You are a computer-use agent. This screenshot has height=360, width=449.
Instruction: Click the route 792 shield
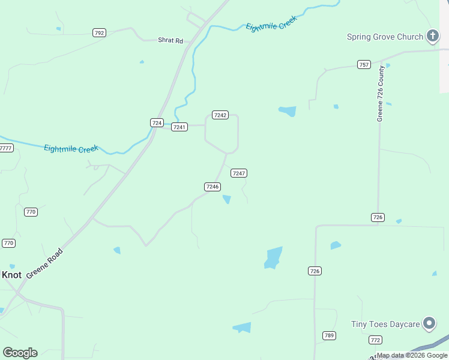[100, 33]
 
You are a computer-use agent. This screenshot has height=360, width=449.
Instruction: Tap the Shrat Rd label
[170, 40]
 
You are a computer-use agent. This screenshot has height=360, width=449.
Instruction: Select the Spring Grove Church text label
[385, 37]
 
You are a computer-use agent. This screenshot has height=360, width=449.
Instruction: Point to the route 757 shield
[364, 65]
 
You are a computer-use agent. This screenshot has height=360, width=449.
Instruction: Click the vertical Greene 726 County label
[380, 94]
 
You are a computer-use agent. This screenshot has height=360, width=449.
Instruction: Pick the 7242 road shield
[220, 115]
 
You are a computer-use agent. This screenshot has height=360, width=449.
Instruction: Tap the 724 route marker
[157, 122]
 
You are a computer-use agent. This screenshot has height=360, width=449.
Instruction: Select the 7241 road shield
[179, 127]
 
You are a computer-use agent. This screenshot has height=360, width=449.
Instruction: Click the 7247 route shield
[239, 173]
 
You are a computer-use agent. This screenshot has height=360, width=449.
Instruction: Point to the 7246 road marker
[212, 187]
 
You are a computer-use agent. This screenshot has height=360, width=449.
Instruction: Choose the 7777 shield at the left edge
[6, 148]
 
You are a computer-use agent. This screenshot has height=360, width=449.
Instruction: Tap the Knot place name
[11, 275]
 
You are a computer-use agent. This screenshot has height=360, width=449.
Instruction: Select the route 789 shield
[329, 335]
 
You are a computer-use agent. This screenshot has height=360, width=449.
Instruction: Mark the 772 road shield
[375, 340]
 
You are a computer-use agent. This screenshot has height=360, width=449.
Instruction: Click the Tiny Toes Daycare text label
[385, 324]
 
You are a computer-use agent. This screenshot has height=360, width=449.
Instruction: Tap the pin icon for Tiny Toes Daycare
[429, 324]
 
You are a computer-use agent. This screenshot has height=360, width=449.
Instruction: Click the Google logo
[20, 353]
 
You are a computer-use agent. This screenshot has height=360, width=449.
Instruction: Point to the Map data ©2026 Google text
[412, 355]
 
